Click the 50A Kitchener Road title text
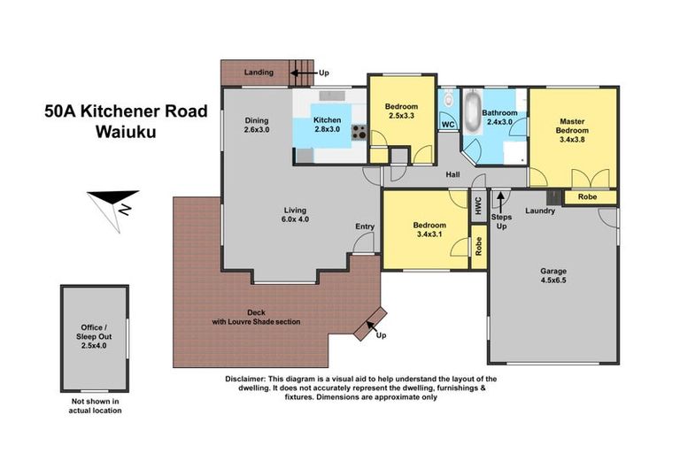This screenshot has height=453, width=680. [x=126, y=111]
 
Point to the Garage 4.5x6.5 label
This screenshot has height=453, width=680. [x=554, y=277]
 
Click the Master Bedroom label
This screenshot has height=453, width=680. [x=571, y=131]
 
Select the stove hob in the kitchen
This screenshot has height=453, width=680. [x=360, y=134]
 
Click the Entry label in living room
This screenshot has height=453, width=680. [x=365, y=226]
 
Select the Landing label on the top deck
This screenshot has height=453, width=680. [x=259, y=72]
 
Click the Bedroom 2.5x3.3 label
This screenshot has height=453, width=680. [x=401, y=111]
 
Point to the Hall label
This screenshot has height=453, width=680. [x=452, y=174]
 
